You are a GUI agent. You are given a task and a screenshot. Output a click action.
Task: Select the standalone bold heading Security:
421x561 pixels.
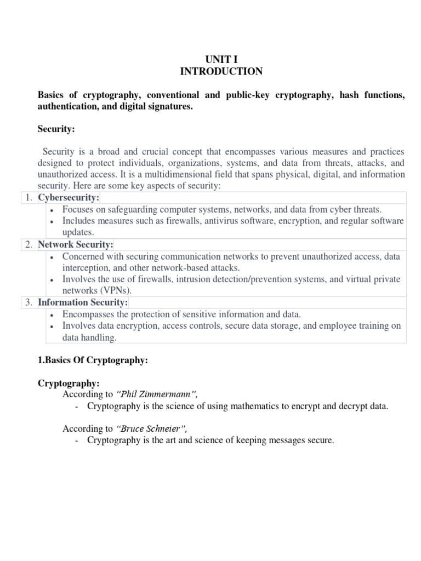coord(56,129)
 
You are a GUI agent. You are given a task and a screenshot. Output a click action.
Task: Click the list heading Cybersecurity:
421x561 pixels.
coord(69,198)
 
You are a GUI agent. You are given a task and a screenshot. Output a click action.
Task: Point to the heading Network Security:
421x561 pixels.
coord(75,244)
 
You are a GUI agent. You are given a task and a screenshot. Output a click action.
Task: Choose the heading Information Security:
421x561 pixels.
coord(82,302)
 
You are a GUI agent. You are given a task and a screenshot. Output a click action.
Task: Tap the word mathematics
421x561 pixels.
coord(246,407)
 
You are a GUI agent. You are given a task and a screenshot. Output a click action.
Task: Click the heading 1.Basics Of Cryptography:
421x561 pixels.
coord(93,360)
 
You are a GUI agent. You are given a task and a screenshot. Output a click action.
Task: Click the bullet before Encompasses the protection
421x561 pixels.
coord(50,315)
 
